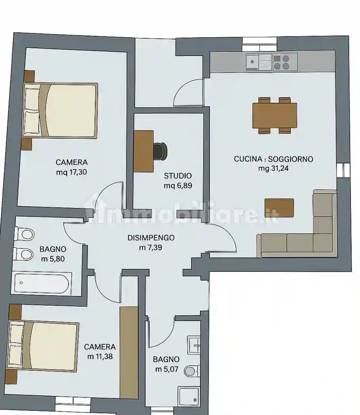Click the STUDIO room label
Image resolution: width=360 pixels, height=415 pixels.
click(x=177, y=176)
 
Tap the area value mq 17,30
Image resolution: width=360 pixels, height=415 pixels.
click(x=72, y=172)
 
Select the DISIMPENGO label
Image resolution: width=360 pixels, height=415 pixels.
click(x=151, y=238)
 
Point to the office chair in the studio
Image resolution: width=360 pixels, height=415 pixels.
click(x=160, y=151)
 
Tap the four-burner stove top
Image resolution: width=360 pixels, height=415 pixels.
click(x=281, y=62)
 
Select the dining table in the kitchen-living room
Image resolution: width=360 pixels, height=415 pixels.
click(x=275, y=115)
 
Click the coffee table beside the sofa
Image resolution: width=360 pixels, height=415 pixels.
click(x=279, y=208)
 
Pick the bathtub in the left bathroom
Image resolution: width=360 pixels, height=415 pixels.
click(x=41, y=283)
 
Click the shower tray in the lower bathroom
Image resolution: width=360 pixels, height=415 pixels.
click(x=189, y=396)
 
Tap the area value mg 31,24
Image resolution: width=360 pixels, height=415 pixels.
click(x=273, y=168)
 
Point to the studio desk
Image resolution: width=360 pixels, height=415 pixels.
click(x=144, y=151)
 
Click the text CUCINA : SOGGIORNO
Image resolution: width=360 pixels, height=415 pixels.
click(x=273, y=159)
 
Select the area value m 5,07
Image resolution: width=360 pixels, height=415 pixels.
click(x=167, y=369)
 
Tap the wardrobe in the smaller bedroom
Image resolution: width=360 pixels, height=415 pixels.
click(x=129, y=353)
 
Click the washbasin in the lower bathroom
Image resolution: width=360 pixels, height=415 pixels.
click(x=194, y=345)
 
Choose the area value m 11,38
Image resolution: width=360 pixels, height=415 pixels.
click(x=100, y=357)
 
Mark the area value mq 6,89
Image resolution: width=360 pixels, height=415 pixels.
click(x=178, y=185)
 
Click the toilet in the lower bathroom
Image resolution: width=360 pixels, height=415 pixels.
click(x=192, y=371)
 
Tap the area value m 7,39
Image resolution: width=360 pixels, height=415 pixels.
click(x=151, y=247)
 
